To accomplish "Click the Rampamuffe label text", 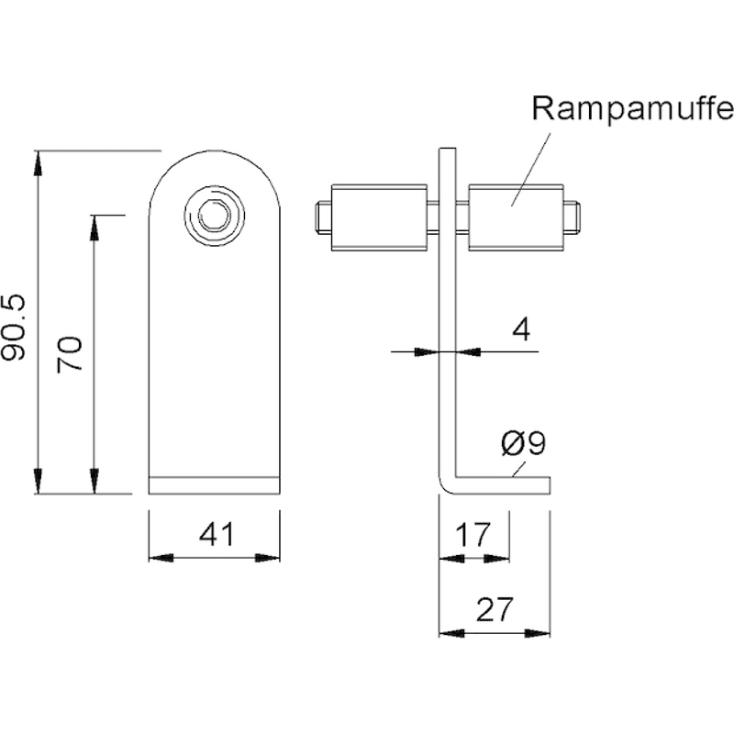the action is (632, 109).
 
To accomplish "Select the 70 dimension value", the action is (70, 354).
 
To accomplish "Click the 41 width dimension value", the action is (217, 534).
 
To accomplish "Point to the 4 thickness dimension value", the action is (521, 329).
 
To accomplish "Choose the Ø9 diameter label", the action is (523, 443).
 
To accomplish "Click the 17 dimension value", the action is (473, 534).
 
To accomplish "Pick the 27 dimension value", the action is (495, 610).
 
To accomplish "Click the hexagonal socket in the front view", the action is (214, 216).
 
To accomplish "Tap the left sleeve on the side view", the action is (379, 217).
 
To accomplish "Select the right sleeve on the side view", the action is (516, 217).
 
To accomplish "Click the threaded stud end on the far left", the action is (323, 217).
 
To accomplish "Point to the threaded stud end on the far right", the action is (572, 217).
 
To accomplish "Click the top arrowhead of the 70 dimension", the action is (95, 228).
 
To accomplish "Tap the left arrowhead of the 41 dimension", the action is (161, 558).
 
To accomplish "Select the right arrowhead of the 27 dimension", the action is (538, 633).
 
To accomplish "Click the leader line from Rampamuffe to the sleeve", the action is (530, 169).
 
